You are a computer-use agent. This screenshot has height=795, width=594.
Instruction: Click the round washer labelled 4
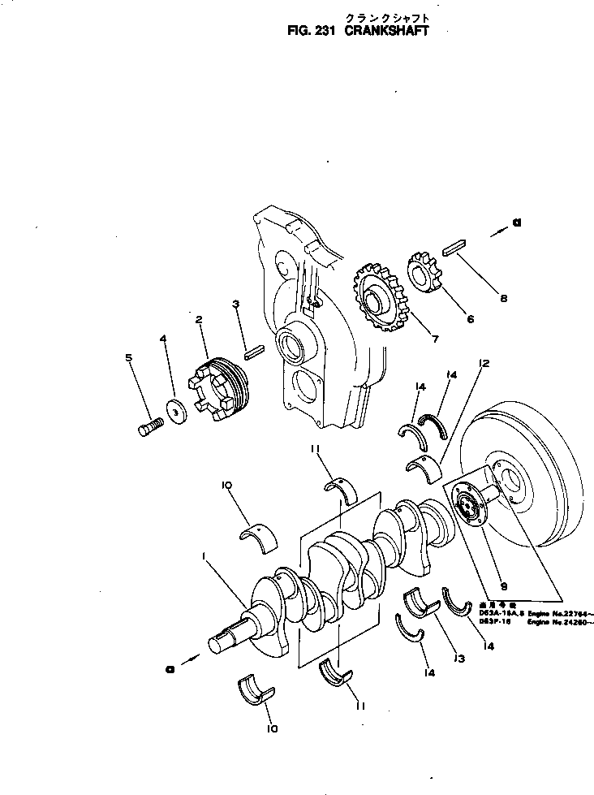coord(175,413)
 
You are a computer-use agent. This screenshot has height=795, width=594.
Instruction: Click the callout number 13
coord(459,659)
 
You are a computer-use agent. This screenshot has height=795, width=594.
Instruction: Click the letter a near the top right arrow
coord(516,224)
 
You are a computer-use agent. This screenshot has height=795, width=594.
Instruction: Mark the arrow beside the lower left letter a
coord(187,660)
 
